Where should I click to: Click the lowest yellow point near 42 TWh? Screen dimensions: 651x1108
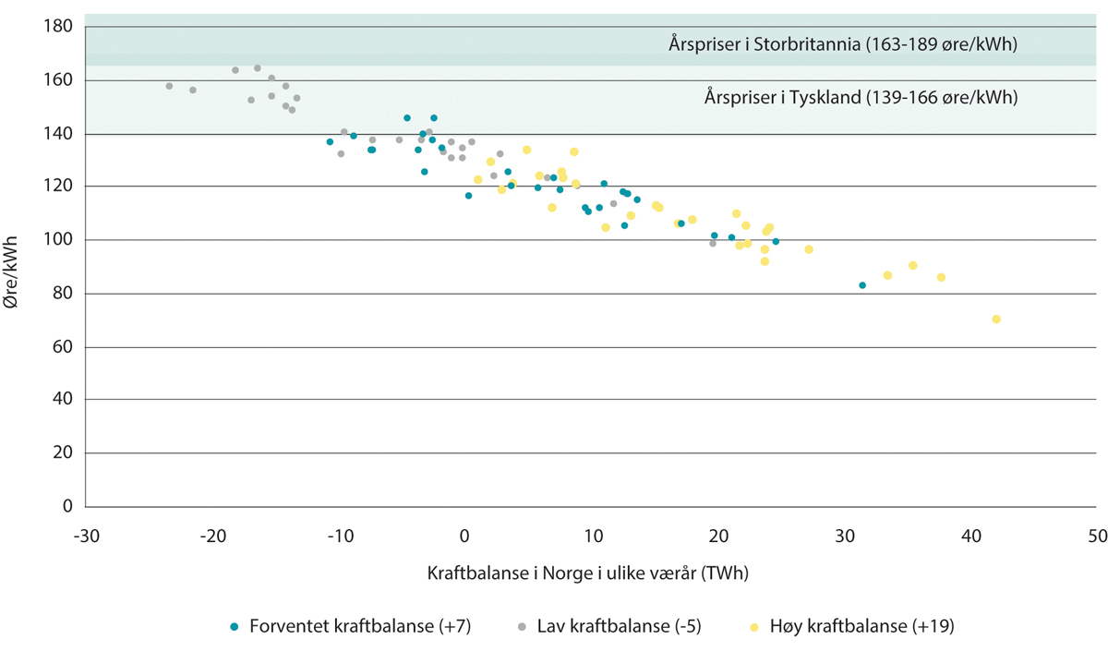[996, 319]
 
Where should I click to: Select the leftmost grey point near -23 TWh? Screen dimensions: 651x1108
[169, 86]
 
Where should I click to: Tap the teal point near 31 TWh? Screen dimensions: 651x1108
[862, 285]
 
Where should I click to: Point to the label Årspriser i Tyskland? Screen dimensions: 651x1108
[860, 97]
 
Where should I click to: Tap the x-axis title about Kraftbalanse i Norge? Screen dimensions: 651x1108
[587, 573]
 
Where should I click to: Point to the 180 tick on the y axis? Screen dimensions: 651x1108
[58, 27]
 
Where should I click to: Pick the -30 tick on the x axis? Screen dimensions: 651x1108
[85, 536]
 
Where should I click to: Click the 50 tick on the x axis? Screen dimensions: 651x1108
[1097, 536]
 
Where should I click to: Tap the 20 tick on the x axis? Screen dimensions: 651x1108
[718, 536]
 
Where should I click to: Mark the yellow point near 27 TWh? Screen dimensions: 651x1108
[809, 249]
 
